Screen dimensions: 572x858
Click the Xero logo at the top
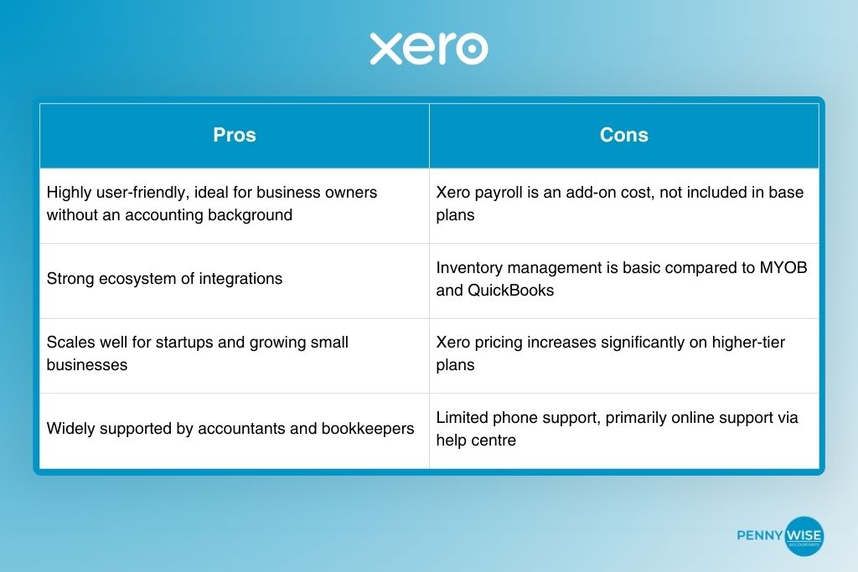point(428,49)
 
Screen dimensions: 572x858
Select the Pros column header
point(235,136)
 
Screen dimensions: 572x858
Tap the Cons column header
point(624,136)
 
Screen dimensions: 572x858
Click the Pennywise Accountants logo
point(780,536)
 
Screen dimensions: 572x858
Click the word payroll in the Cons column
point(498,193)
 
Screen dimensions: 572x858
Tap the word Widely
point(70,429)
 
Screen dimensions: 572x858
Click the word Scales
point(70,343)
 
